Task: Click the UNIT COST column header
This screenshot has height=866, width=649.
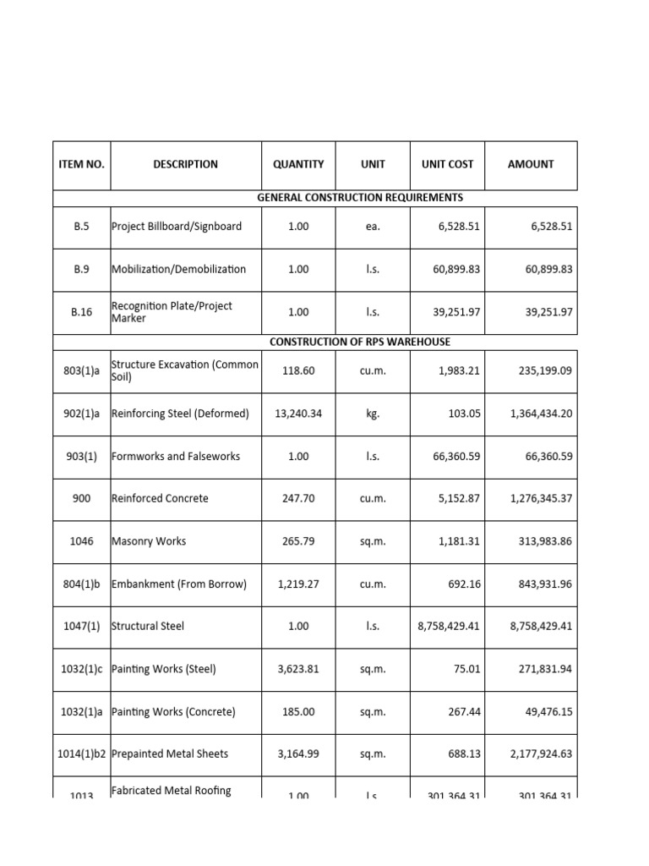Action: pos(447,165)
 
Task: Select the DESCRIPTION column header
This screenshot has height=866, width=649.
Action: pos(185,165)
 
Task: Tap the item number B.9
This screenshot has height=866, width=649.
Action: pos(81,269)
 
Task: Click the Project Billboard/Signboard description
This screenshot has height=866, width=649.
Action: pos(177,227)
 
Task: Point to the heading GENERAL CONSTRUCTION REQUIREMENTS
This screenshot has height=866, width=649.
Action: pos(360,198)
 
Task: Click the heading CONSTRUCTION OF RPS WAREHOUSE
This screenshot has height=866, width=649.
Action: pos(360,342)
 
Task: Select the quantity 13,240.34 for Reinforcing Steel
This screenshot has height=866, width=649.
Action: pos(298,414)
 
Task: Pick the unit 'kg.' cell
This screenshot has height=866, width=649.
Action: pos(373,414)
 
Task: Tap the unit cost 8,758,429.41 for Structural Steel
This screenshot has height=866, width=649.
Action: pos(449,627)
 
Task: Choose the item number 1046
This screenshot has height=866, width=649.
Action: pos(81,541)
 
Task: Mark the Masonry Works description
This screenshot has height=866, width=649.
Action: pos(149,541)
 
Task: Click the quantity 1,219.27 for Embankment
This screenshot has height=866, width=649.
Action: pos(298,584)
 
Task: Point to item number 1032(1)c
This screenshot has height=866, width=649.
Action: pos(81,669)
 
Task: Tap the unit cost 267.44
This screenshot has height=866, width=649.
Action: pos(463,712)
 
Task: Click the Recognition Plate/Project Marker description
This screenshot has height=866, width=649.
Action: pos(172,312)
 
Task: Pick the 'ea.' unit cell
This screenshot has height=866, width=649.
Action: pos(373,227)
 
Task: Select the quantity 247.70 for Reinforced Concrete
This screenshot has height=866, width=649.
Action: pos(298,499)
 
